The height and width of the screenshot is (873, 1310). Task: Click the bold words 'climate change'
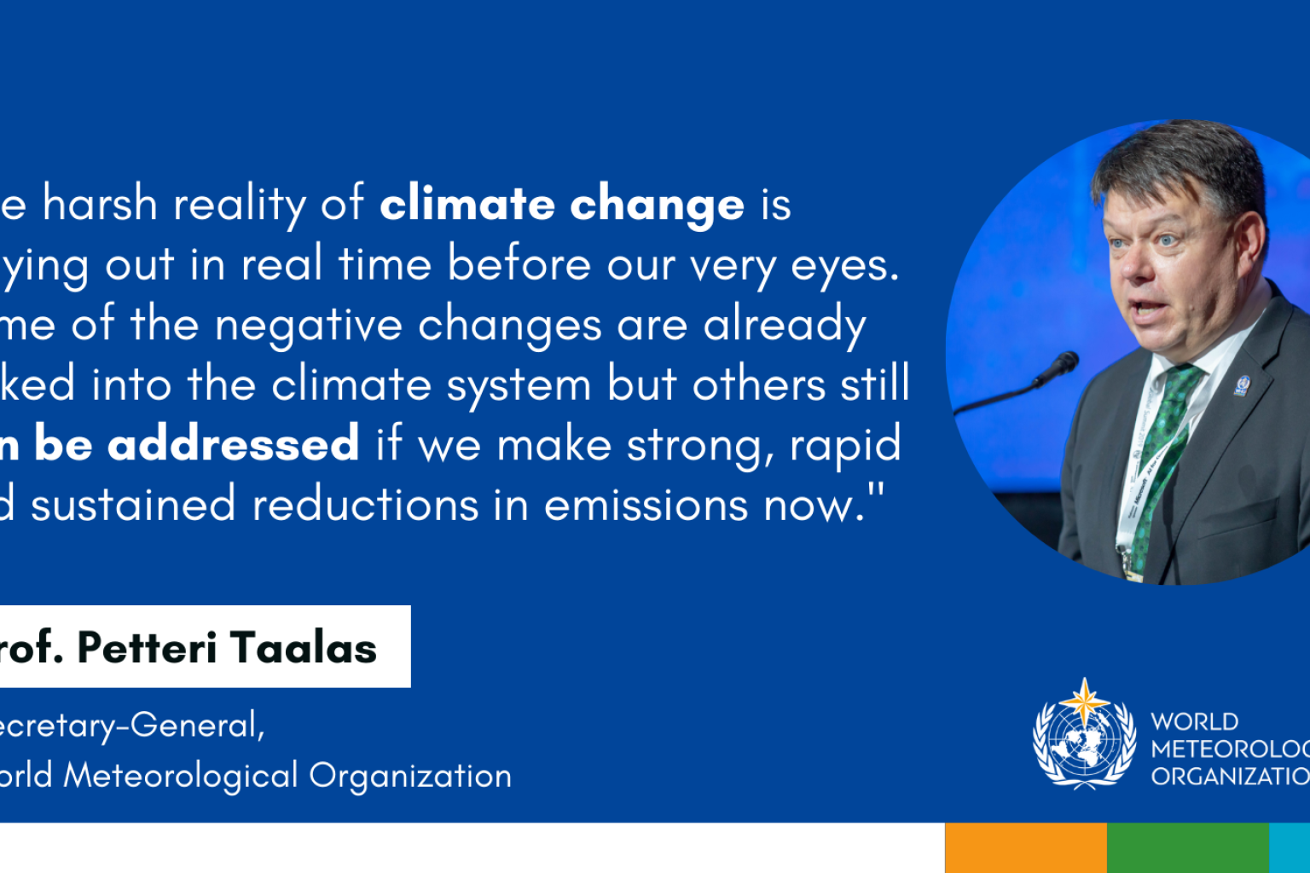pos(562,205)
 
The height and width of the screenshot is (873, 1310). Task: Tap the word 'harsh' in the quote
pos(100,205)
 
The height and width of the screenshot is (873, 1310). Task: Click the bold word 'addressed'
pos(233,445)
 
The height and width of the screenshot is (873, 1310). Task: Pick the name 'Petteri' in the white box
pos(147,648)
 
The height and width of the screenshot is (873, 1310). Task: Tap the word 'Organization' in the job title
pos(410,777)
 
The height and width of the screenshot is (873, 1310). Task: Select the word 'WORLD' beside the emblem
pos(1194,722)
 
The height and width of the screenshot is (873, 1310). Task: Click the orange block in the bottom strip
pos(1025,847)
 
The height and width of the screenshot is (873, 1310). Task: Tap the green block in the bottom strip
pos(1187,847)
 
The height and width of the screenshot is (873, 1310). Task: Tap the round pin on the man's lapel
pos(1242,385)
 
